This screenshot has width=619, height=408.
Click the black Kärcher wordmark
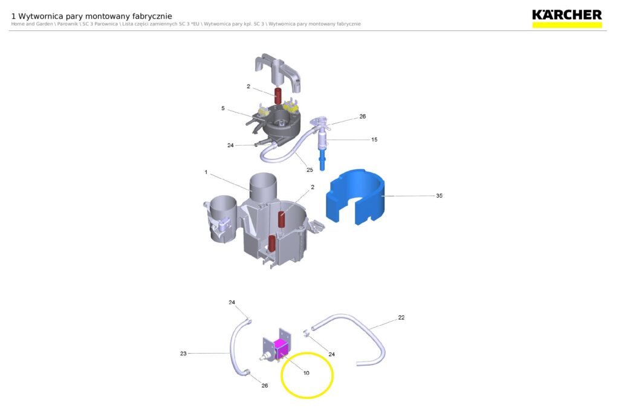tap(567, 15)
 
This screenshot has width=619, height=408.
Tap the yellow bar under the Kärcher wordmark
tap(567, 25)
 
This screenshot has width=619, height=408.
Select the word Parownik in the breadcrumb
tap(68, 24)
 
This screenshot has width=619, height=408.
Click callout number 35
tap(439, 196)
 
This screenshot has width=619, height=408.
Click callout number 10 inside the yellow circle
tap(306, 373)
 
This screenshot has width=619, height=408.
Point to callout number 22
tap(401, 318)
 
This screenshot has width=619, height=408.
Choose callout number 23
tap(183, 354)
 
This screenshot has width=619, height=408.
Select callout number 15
tap(374, 140)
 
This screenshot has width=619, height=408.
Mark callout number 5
tap(223, 109)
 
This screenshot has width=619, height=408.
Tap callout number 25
tap(309, 170)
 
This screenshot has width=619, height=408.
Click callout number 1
tap(206, 172)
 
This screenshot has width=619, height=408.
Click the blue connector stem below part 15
tap(322, 158)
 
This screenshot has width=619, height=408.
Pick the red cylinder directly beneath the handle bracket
tap(278, 96)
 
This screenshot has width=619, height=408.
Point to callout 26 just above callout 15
tap(363, 117)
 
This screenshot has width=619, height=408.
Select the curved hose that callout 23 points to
tap(233, 347)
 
